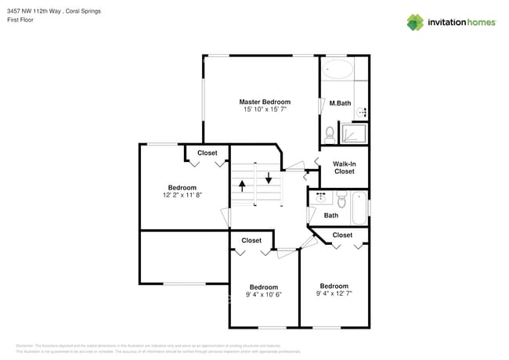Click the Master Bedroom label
click(x=265, y=102)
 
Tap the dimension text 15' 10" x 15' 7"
click(x=265, y=110)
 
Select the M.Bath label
click(x=339, y=103)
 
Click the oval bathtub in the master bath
click(x=338, y=69)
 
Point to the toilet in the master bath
click(x=330, y=132)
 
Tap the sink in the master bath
click(x=362, y=113)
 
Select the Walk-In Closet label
click(x=345, y=167)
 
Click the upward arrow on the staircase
click(x=242, y=186)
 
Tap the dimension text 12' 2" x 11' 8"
click(x=182, y=196)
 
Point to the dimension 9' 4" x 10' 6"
click(x=264, y=295)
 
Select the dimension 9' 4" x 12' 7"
click(x=334, y=294)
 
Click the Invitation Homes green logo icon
click(x=416, y=22)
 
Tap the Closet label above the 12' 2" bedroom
click(x=208, y=153)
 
